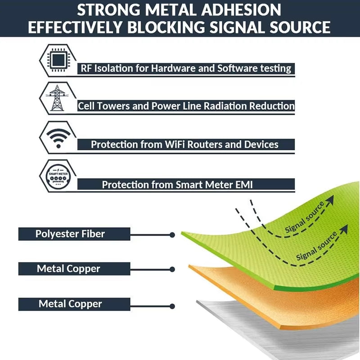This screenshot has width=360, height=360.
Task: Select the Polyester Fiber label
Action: click(70, 234)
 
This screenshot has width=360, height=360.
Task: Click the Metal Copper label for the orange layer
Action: click(68, 269)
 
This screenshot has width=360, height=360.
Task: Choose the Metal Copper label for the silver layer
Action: click(70, 304)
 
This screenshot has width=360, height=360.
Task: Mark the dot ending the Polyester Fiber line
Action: click(172, 235)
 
